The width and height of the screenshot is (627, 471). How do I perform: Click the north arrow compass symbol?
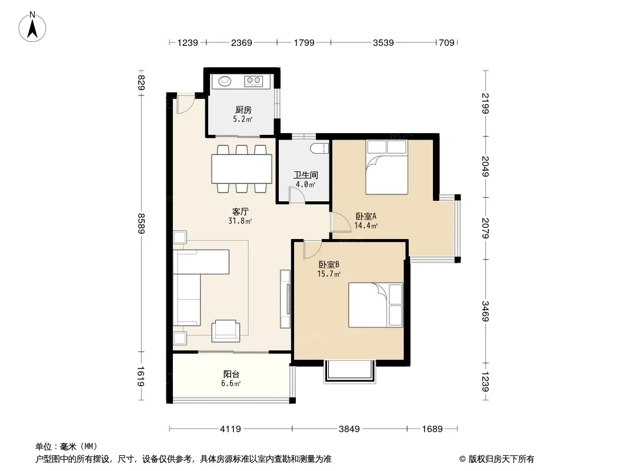pyautogui.click(x=32, y=26)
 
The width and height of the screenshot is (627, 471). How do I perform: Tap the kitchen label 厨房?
pyautogui.click(x=243, y=110)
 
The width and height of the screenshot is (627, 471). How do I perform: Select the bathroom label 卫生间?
pyautogui.click(x=306, y=175)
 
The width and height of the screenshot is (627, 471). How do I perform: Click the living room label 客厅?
pyautogui.click(x=241, y=211)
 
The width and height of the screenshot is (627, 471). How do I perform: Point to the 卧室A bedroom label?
pyautogui.click(x=366, y=216)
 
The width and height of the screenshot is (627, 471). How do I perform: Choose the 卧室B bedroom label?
pyautogui.click(x=329, y=264)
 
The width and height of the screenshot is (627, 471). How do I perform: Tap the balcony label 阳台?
pyautogui.click(x=232, y=374)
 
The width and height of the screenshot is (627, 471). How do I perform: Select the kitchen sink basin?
pyautogui.click(x=225, y=81)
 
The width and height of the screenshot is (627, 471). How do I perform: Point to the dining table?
pyautogui.click(x=242, y=169)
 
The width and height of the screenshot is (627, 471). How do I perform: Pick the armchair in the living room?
pyautogui.click(x=226, y=330)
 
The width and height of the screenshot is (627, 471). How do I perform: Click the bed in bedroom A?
pyautogui.click(x=386, y=168)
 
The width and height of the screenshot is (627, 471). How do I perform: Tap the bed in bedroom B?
pyautogui.click(x=375, y=305)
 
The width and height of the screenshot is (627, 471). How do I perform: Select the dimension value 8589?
pyautogui.click(x=141, y=223)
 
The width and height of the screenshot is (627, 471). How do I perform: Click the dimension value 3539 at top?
pyautogui.click(x=383, y=42)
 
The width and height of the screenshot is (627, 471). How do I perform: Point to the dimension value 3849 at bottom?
pyautogui.click(x=349, y=429)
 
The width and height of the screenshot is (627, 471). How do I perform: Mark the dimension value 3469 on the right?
pyautogui.click(x=485, y=311)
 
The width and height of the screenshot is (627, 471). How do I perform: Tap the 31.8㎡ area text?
pyautogui.click(x=240, y=221)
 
